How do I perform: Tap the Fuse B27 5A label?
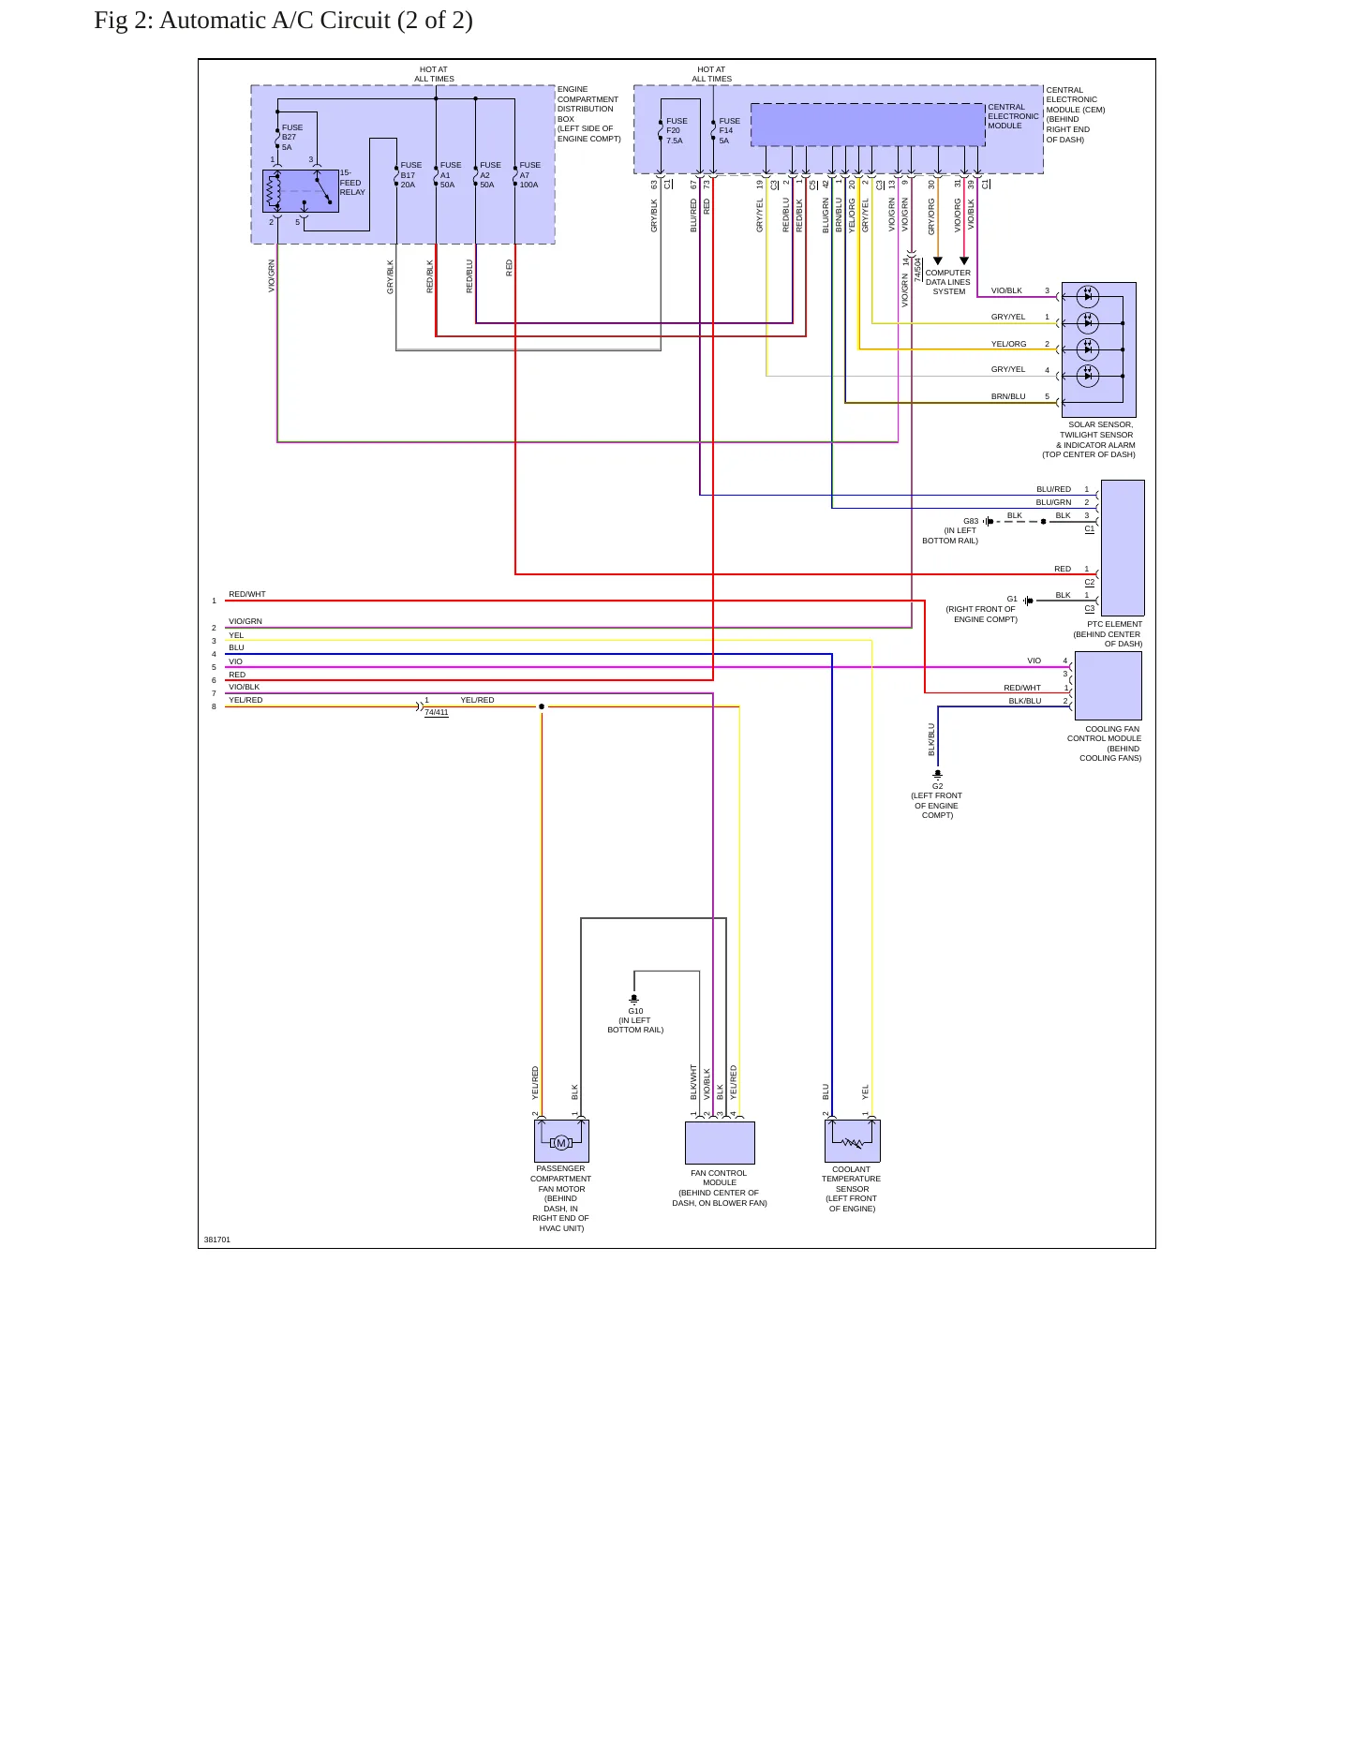point(292,137)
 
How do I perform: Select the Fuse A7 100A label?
point(529,175)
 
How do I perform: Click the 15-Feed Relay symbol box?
point(301,191)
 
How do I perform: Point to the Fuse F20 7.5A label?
point(677,130)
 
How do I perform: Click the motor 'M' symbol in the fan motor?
point(561,1142)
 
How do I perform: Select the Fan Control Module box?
point(720,1142)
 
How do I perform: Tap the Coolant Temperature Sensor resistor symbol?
point(853,1142)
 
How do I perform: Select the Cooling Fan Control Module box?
point(1108,686)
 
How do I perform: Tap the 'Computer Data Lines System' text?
point(948,282)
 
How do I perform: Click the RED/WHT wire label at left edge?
point(247,594)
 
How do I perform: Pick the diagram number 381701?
point(217,1240)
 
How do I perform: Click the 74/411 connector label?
point(437,713)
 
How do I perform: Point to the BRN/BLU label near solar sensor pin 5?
point(1008,396)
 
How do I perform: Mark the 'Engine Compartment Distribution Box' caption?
point(588,114)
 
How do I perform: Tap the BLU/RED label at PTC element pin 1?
point(1053,489)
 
